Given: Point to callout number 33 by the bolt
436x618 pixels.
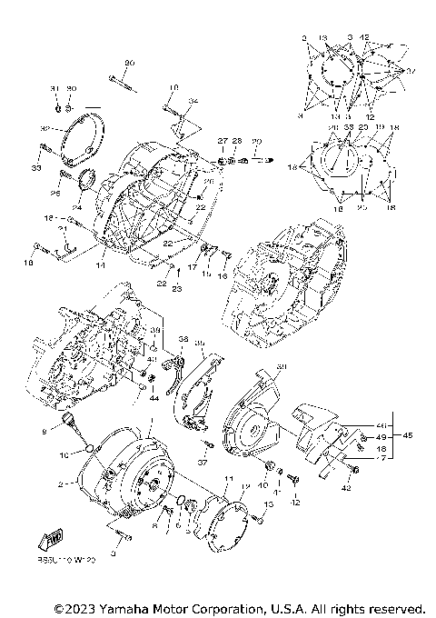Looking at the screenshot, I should [x=36, y=169].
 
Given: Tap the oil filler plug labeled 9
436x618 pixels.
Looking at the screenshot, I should [x=66, y=419].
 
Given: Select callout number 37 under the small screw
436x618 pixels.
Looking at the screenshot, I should [x=203, y=462].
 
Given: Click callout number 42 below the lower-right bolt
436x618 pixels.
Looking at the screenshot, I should [x=346, y=489].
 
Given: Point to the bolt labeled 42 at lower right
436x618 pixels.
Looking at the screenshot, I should [x=353, y=469].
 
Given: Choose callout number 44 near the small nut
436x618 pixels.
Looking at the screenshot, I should [x=154, y=397].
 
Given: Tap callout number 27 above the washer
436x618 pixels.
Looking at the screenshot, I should [x=221, y=141].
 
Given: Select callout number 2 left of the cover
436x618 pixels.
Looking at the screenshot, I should [x=60, y=485].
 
